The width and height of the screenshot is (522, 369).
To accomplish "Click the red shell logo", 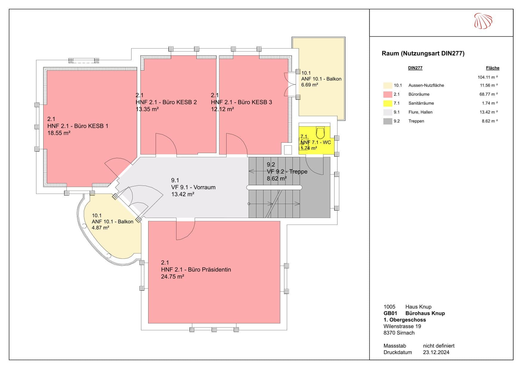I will (x=483, y=21).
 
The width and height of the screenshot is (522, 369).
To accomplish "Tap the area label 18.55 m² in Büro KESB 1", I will (x=59, y=133).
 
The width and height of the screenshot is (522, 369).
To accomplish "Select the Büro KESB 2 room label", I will (x=166, y=102).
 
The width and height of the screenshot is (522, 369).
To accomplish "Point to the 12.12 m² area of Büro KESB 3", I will (x=222, y=109).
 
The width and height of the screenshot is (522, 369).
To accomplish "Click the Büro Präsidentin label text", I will (x=196, y=270).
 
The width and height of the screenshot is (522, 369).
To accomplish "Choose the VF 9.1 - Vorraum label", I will (x=193, y=187).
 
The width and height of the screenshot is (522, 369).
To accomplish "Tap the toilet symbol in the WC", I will (x=320, y=133).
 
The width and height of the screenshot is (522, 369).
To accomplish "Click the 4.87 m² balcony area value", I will (x=100, y=228).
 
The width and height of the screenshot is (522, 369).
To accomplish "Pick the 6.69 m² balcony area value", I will (x=310, y=85).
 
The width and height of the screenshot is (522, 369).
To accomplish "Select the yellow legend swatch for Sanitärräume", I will (x=388, y=103).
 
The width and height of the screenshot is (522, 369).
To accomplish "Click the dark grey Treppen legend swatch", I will (x=388, y=121).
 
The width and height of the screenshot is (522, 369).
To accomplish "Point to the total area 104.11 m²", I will (x=487, y=77).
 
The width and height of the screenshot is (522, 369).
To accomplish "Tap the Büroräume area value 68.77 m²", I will (x=487, y=94).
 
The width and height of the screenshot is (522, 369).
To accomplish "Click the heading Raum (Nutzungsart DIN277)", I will (x=423, y=54).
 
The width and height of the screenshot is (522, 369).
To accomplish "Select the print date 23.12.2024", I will (x=436, y=352).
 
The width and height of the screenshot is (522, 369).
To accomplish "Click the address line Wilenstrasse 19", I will (x=402, y=326).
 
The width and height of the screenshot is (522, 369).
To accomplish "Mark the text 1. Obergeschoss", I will (x=405, y=320).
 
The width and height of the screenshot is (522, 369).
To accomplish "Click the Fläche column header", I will (x=492, y=68).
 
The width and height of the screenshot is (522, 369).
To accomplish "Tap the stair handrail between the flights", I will (x=274, y=188).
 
